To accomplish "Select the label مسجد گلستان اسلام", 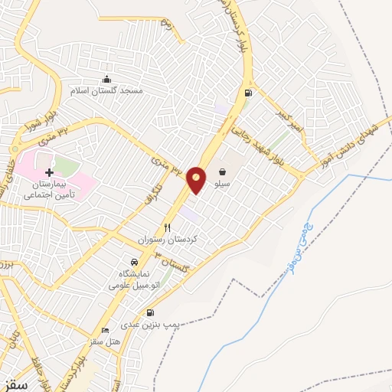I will pos(107,90).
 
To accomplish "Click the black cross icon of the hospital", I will pos(50,174).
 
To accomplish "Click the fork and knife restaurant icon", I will pos(167,228).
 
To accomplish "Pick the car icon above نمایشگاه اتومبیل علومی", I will pos(135,262).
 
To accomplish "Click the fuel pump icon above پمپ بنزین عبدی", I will pos(149,312).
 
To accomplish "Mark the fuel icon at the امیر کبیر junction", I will pos(247,93).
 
